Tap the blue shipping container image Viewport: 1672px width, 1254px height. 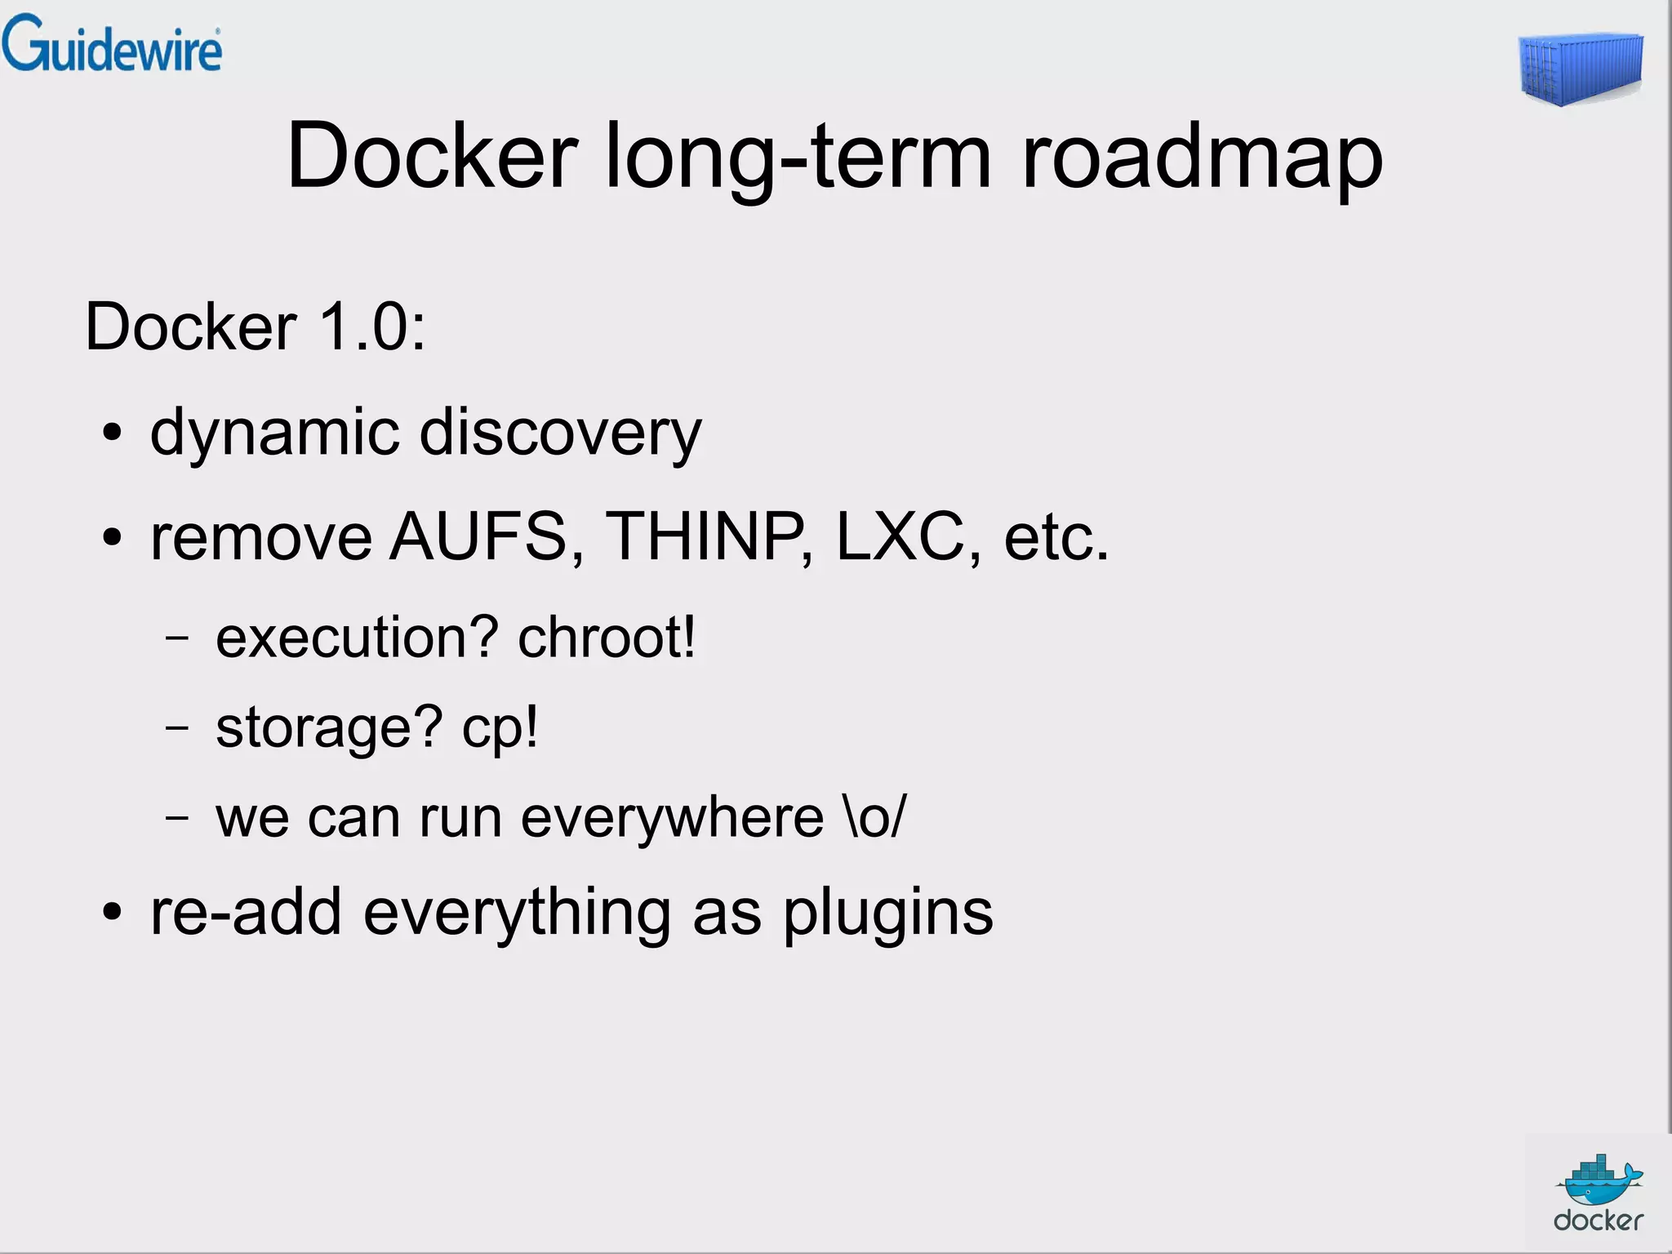(x=1581, y=69)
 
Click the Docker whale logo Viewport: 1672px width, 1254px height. (x=1598, y=1193)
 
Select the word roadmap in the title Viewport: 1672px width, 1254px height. (x=1202, y=157)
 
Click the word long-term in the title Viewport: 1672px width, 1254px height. (x=798, y=157)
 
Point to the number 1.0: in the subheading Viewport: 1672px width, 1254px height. (x=371, y=327)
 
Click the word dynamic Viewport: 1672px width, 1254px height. (x=275, y=433)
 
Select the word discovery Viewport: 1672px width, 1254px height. (x=560, y=433)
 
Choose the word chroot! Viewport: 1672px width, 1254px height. (x=607, y=638)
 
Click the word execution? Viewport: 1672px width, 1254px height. (x=357, y=638)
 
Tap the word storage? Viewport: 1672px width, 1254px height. (x=329, y=727)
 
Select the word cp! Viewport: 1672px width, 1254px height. (x=500, y=727)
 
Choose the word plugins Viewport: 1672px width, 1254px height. (x=888, y=913)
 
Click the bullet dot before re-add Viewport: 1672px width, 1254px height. (x=113, y=913)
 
